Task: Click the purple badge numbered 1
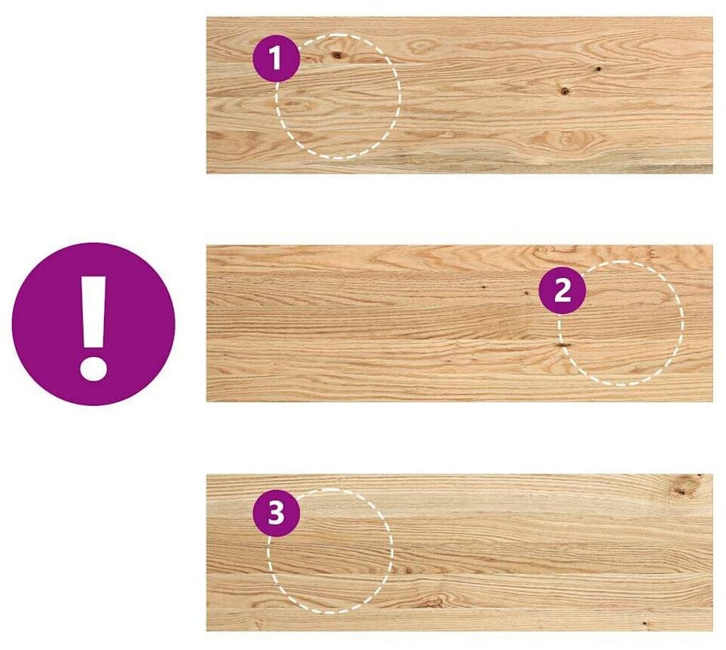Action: click(x=277, y=58)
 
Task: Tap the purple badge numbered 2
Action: click(x=562, y=291)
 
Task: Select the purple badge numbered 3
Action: click(x=277, y=513)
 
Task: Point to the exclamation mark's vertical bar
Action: click(x=94, y=312)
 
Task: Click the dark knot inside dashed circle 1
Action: click(x=338, y=56)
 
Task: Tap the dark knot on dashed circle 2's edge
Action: click(x=563, y=345)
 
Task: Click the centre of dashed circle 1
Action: click(x=338, y=96)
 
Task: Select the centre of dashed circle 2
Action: click(x=620, y=323)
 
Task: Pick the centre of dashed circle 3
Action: click(x=330, y=551)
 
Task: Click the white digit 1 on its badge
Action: click(x=275, y=58)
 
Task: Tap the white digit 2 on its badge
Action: click(x=562, y=291)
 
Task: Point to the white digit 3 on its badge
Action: click(x=277, y=513)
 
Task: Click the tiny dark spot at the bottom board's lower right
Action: click(x=645, y=624)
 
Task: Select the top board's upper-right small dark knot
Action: click(x=598, y=69)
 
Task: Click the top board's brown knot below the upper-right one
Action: click(x=564, y=90)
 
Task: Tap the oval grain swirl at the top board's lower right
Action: click(x=567, y=139)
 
